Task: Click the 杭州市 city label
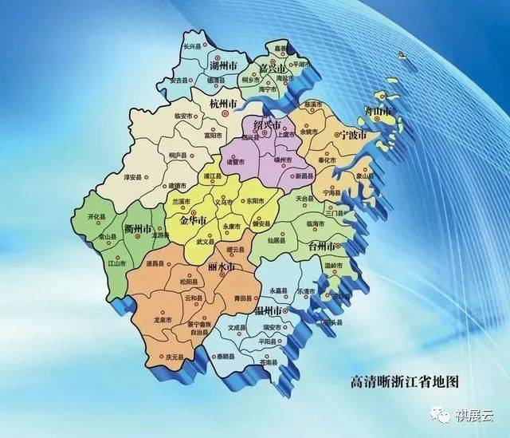(222, 105)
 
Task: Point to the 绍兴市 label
(267, 125)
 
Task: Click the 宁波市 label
(353, 135)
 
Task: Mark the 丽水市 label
(222, 267)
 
